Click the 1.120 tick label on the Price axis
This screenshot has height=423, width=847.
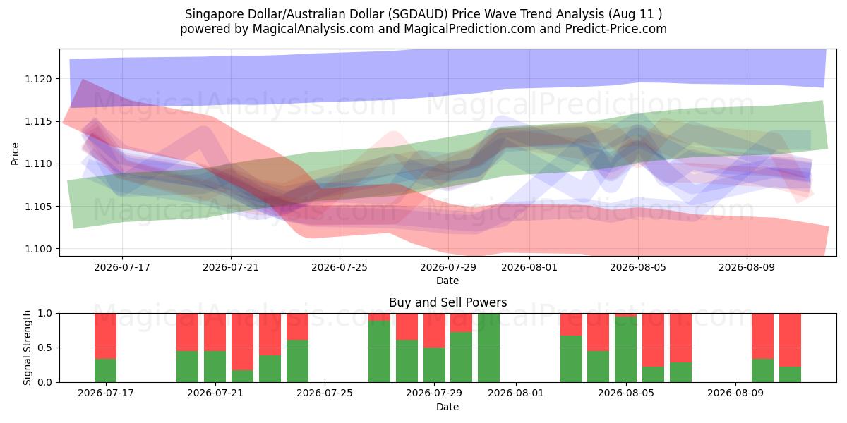pos(38,79)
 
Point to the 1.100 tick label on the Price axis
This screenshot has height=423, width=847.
pos(38,250)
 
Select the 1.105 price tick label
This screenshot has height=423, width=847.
pos(38,207)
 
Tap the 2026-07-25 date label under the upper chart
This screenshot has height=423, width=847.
pos(340,267)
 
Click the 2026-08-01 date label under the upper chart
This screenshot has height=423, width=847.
pos(529,267)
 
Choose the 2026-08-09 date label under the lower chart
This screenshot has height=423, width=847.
pos(735,393)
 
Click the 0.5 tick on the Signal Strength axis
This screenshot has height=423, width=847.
pos(45,348)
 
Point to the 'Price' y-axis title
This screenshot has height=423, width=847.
pos(15,154)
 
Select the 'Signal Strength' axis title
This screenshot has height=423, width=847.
pos(27,348)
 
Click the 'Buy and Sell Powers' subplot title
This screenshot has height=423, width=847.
pos(447,302)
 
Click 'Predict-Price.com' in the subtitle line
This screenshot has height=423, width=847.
pos(616,29)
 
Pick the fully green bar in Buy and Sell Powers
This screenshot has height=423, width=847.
pos(488,348)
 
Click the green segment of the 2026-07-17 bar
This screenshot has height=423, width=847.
pos(105,371)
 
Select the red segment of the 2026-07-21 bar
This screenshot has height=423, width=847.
pos(215,332)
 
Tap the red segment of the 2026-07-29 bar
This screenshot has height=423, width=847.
pos(434,331)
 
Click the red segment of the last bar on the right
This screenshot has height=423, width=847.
pos(790,340)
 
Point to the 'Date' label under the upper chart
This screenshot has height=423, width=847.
pos(447,281)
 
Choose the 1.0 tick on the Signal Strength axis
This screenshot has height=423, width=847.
pos(45,314)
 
